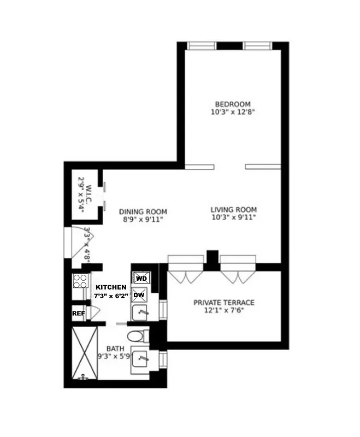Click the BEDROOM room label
coord(232,104)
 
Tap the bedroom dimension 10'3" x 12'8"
coord(232,112)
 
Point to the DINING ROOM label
coord(143,212)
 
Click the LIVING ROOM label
coord(233,209)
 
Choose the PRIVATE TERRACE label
coord(224,303)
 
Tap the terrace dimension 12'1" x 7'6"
coord(224,310)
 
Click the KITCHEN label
coord(111,287)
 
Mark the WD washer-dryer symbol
coord(141,278)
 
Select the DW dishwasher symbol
coord(139,295)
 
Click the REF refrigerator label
coord(78,314)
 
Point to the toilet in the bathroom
coord(134,336)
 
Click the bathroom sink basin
coord(141,359)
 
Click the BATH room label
coord(115,348)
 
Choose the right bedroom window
coord(257,45)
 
